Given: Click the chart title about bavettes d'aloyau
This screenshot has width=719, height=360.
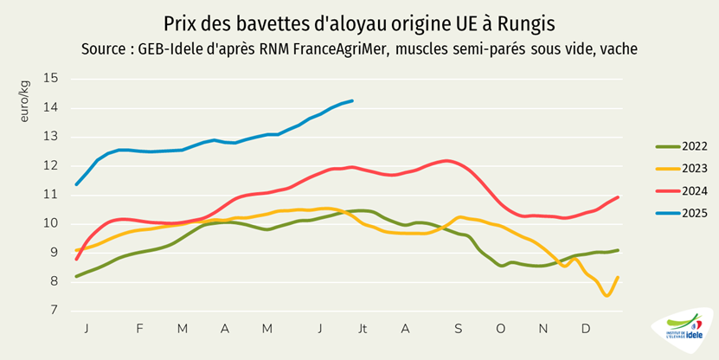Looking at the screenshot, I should point(358,21).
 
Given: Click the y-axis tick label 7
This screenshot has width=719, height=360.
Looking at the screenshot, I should point(55,310).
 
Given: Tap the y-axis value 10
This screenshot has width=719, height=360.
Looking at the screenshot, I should point(51,223).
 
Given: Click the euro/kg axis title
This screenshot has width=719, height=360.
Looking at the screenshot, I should point(26,100).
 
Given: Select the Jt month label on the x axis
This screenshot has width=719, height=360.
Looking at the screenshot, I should point(363,329).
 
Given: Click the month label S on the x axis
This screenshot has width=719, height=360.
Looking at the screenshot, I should point(459,329).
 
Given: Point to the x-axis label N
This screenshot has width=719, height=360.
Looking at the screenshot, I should point(543,329).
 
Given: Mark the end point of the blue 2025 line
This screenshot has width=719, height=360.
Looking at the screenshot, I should point(352,101).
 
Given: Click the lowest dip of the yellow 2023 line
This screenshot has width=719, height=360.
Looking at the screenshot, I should point(607,295).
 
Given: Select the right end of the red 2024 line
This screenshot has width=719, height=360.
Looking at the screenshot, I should point(619,197).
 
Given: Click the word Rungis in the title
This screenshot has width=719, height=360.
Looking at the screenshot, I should point(525,21).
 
